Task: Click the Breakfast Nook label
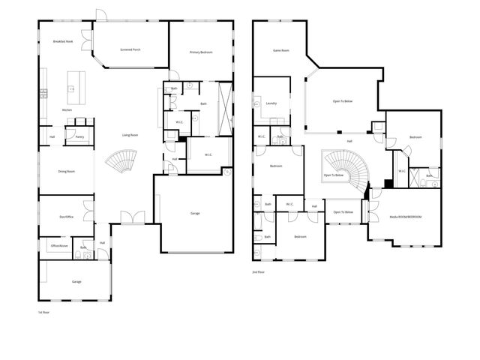(63, 42)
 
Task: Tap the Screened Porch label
(130, 49)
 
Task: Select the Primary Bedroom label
(200, 52)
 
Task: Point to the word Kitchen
(67, 109)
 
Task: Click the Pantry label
(79, 136)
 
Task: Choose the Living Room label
(130, 135)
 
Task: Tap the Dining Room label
(67, 172)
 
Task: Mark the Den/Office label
(66, 218)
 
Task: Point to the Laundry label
(271, 103)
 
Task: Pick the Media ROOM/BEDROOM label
(406, 217)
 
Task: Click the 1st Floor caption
(43, 310)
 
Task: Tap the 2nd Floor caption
(259, 272)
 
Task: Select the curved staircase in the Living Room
(121, 161)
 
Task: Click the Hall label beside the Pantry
(52, 136)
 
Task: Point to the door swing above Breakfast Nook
(98, 16)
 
